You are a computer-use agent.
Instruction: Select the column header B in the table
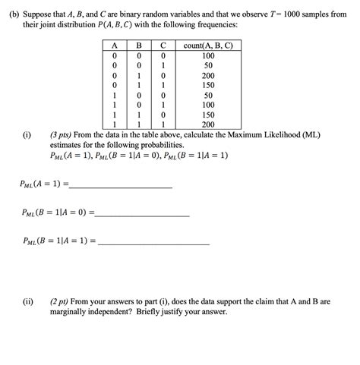pyautogui.click(x=140, y=46)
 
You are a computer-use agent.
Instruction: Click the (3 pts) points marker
pyautogui.click(x=65, y=134)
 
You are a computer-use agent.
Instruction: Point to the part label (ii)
pyautogui.click(x=28, y=301)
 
